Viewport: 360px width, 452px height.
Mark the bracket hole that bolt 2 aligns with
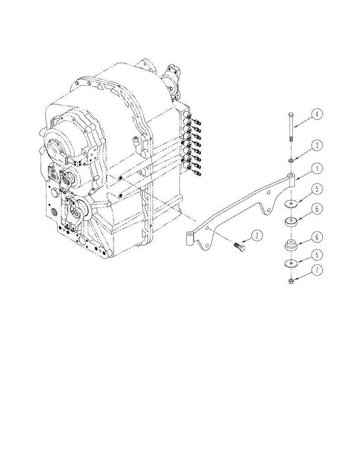point(207,230)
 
